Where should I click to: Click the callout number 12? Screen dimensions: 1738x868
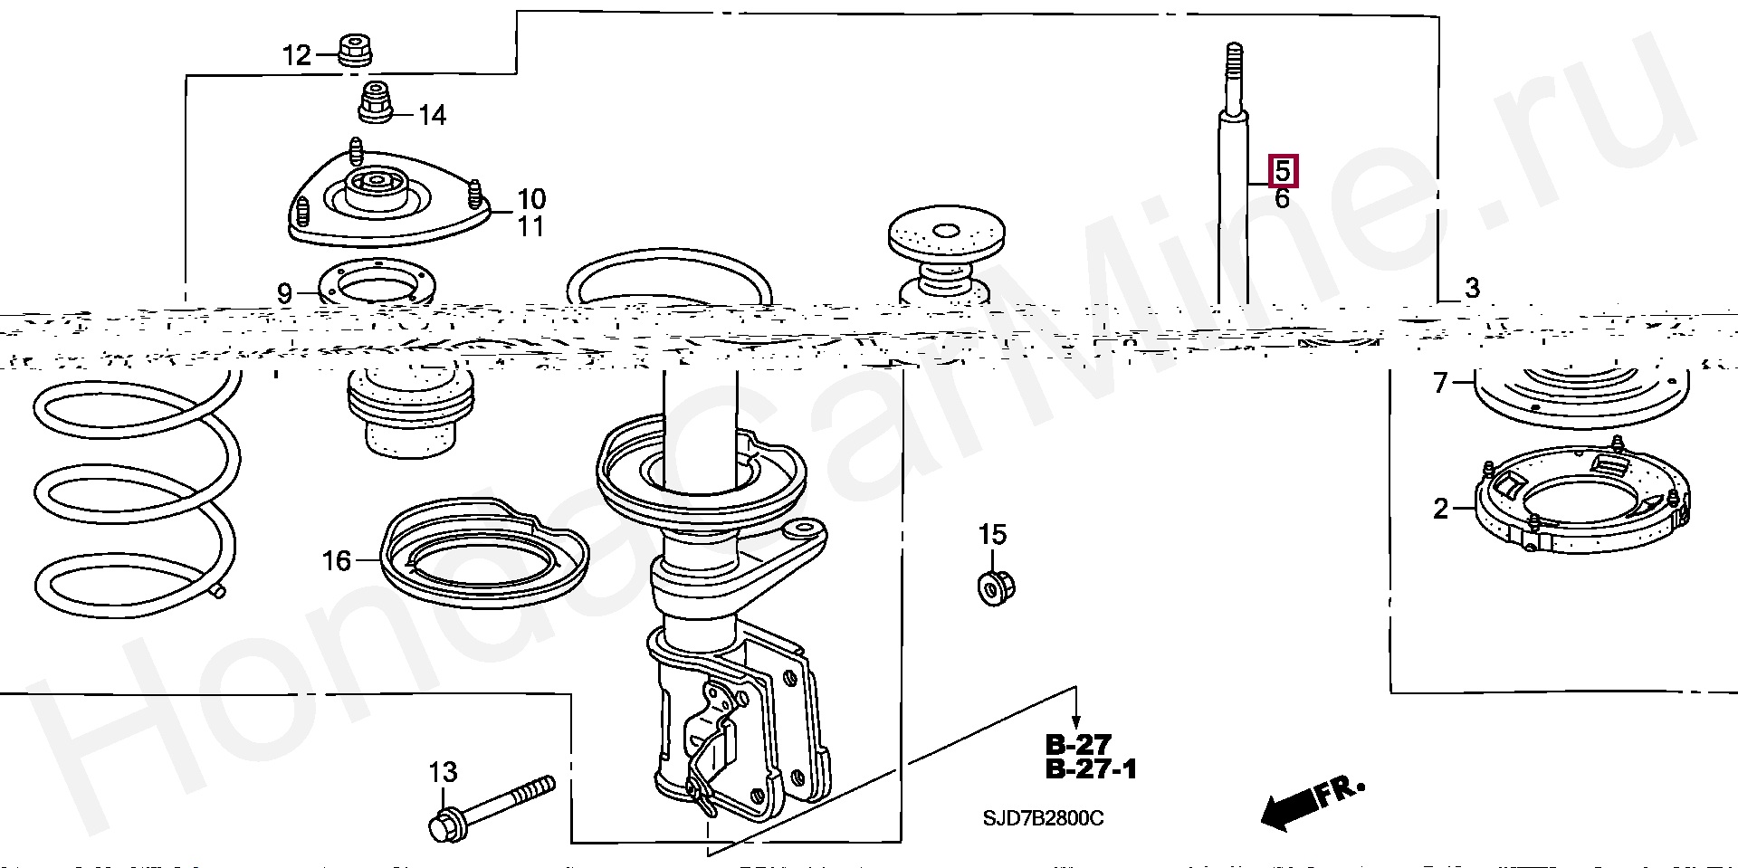pos(296,56)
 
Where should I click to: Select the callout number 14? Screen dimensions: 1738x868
pos(432,116)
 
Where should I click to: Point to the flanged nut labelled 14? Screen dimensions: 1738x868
pos(375,103)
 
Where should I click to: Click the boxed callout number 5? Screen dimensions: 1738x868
pos(1282,170)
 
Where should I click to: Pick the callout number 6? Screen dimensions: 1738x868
pos(1282,199)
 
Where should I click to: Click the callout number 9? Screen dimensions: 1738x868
pos(284,293)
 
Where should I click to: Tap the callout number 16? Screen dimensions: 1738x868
pos(336,561)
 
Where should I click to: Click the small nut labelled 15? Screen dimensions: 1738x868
pos(997,588)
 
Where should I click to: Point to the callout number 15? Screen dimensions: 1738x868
pos(992,535)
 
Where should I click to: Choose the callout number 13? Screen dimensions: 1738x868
pos(443,772)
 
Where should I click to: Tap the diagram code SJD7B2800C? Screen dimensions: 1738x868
pos(1044,819)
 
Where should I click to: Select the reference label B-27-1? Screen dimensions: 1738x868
pos(1091,770)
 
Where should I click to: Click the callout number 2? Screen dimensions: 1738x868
pos(1441,510)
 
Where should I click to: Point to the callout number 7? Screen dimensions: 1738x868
pos(1441,383)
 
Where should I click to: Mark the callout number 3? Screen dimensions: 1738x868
pos(1472,289)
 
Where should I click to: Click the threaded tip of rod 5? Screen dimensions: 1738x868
pos(1232,63)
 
